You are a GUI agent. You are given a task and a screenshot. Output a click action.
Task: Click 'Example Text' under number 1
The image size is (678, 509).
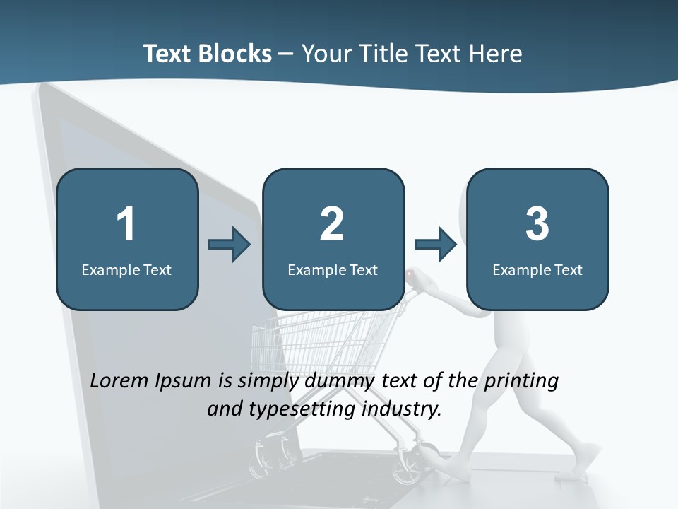pyautogui.click(x=126, y=269)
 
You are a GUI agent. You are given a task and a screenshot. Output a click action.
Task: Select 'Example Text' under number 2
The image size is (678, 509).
pyautogui.click(x=333, y=269)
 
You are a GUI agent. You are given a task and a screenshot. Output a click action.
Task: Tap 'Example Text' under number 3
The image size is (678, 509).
pyautogui.click(x=537, y=269)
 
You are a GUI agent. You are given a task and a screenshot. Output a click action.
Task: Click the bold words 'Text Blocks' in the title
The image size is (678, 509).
pyautogui.click(x=208, y=53)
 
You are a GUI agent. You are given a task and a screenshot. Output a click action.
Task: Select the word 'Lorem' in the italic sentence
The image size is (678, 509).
pyautogui.click(x=121, y=380)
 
